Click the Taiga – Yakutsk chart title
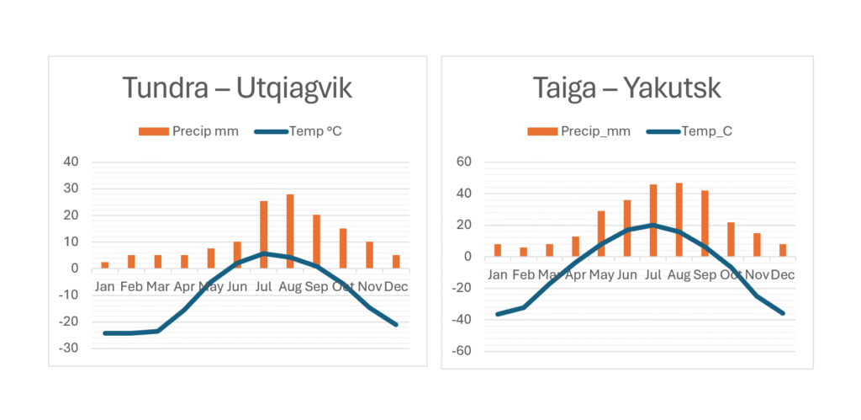[x=626, y=88]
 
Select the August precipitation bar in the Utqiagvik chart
[x=290, y=231]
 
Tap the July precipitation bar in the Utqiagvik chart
[x=263, y=234]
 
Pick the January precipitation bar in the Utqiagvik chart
[x=104, y=265]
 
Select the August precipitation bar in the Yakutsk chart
[x=679, y=220]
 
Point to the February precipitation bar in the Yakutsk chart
[x=523, y=252]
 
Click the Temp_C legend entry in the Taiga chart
[x=695, y=130]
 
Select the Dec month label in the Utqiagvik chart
[x=395, y=286]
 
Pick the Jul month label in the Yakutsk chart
[x=652, y=274]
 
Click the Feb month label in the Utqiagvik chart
[x=130, y=286]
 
